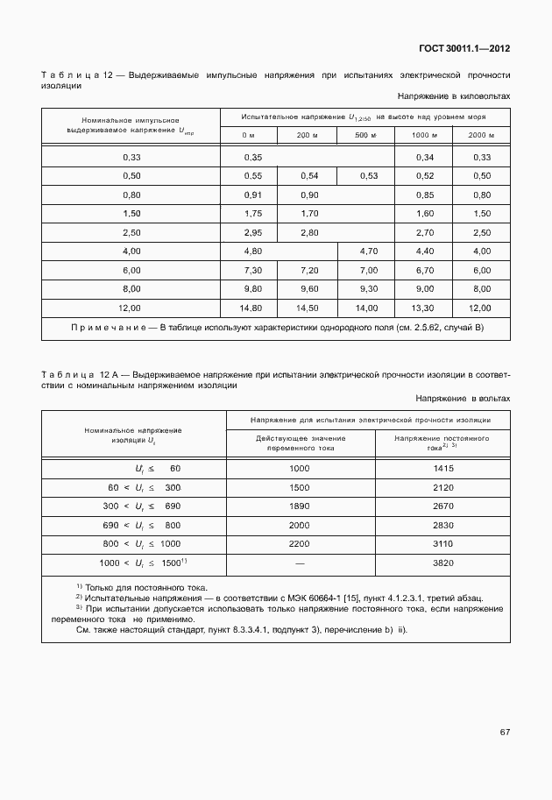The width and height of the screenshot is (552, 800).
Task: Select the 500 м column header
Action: pyautogui.click(x=364, y=135)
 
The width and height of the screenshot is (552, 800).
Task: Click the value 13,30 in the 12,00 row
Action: pyautogui.click(x=424, y=308)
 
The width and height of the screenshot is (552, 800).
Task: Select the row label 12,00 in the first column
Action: pyautogui.click(x=131, y=308)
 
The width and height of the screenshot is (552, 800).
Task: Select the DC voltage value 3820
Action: pyautogui.click(x=442, y=563)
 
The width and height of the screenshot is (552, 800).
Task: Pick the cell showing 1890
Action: pyautogui.click(x=301, y=506)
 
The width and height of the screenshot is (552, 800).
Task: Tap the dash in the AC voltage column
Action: pyautogui.click(x=301, y=563)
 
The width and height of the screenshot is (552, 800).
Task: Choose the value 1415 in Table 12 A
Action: pyautogui.click(x=442, y=468)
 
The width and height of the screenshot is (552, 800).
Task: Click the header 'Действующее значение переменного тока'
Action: pyautogui.click(x=301, y=442)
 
